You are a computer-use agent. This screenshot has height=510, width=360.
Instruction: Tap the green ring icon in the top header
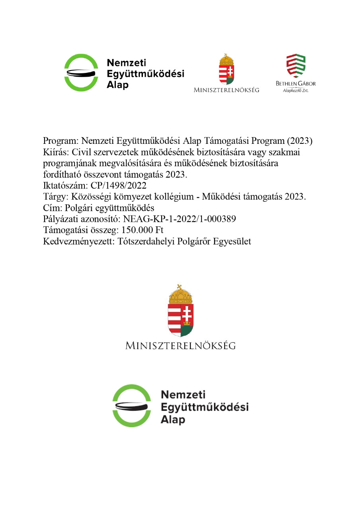click(x=81, y=73)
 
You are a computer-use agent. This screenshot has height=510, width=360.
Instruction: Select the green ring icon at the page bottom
click(x=132, y=405)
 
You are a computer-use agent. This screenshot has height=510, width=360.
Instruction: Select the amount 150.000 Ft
click(x=139, y=230)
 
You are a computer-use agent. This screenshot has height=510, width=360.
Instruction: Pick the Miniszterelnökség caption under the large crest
click(x=180, y=345)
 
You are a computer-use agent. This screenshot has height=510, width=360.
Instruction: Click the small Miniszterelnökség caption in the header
click(x=226, y=90)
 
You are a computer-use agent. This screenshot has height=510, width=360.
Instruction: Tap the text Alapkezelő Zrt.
click(x=295, y=91)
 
